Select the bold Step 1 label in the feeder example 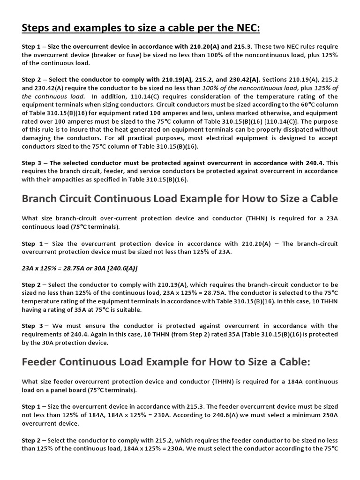[32, 406]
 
